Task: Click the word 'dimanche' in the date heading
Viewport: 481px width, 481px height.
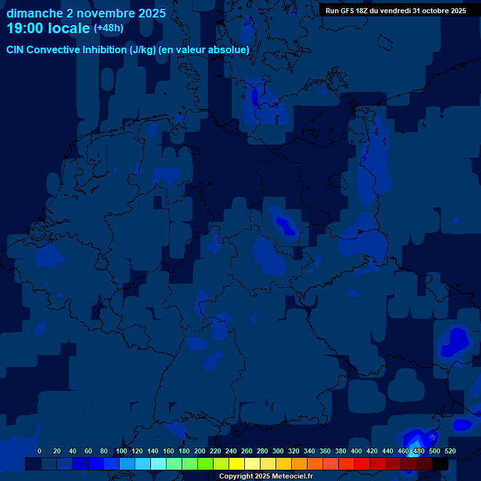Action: click(34, 13)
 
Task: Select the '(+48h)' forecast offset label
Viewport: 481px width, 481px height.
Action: click(108, 28)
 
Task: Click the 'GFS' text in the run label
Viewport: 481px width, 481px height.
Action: click(350, 11)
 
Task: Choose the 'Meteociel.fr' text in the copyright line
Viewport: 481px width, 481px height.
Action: click(288, 477)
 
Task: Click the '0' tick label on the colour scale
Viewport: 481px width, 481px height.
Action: click(39, 451)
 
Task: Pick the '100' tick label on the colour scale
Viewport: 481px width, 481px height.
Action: click(121, 451)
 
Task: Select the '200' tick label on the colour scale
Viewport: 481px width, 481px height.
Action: click(200, 451)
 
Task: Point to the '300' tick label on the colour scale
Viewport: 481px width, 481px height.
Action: click(278, 451)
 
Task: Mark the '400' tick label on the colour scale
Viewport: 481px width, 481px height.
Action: click(356, 451)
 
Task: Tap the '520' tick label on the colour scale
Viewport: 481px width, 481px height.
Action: click(450, 451)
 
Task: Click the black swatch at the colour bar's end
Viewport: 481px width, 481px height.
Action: click(440, 463)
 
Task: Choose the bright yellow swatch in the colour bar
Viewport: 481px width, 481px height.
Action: click(236, 463)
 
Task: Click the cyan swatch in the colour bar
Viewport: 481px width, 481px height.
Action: click(158, 463)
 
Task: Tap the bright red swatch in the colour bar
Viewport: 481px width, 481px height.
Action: click(361, 463)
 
